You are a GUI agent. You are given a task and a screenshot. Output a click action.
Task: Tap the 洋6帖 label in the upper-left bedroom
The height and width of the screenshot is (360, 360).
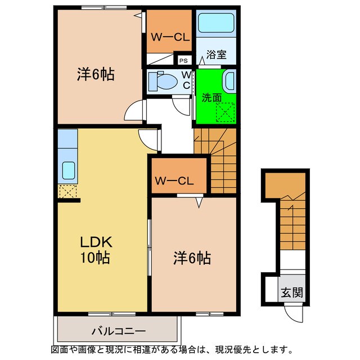click(96, 75)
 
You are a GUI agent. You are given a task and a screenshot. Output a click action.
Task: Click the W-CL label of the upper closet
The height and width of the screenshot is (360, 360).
click(170, 38)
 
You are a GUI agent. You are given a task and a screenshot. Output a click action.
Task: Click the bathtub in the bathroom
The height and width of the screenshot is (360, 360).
click(217, 24)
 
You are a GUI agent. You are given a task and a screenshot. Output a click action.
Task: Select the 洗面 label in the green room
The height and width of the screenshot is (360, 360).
click(211, 97)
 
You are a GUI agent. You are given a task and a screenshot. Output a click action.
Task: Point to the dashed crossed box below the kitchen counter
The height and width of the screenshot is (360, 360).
click(66, 191)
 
